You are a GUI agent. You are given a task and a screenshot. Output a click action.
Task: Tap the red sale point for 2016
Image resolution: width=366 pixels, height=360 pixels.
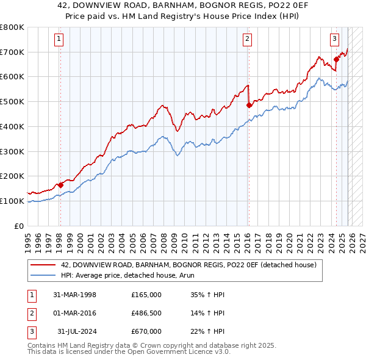248,106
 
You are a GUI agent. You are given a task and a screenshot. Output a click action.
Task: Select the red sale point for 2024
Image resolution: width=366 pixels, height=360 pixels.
336,60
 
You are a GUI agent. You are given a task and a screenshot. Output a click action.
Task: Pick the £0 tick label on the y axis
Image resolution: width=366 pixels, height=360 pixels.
20,226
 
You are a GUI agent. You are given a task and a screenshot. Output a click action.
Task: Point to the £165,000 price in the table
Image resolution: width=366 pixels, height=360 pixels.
146,295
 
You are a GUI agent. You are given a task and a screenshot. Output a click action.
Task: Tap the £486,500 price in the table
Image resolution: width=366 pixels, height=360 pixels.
146,313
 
